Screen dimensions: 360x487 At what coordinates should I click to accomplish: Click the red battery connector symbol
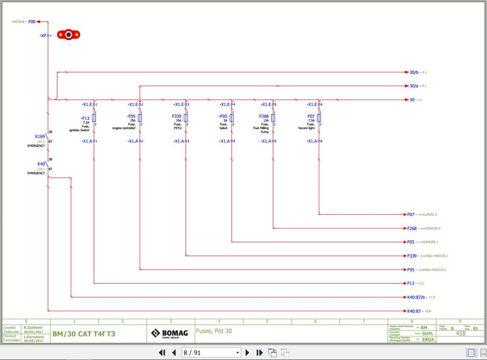(x=68, y=35)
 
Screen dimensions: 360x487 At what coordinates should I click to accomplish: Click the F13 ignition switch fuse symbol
(x=94, y=118)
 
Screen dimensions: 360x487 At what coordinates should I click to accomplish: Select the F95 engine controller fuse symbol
(x=140, y=118)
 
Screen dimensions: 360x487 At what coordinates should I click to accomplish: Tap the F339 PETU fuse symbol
(x=186, y=118)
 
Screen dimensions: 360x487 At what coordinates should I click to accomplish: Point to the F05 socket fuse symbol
(x=231, y=118)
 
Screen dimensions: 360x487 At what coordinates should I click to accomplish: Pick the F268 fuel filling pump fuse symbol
(x=273, y=118)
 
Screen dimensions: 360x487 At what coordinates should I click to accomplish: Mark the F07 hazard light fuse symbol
(x=319, y=118)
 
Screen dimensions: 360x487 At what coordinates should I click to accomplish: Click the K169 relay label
(x=40, y=136)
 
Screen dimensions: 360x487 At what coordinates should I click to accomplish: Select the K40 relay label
(x=41, y=164)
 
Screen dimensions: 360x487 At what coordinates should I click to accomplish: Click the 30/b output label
(x=414, y=72)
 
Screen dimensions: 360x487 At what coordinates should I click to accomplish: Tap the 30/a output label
(x=414, y=86)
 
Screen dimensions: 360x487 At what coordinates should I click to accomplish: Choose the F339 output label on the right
(x=412, y=256)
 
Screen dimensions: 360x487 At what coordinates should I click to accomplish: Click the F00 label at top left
(x=32, y=22)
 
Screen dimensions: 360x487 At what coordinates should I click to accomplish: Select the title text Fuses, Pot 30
(x=214, y=331)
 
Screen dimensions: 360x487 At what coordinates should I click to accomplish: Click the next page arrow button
(x=248, y=352)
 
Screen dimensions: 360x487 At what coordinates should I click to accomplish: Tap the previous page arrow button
(x=174, y=352)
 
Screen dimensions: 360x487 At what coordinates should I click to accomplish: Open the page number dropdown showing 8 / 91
(x=211, y=352)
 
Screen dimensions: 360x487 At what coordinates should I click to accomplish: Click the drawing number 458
(x=460, y=333)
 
